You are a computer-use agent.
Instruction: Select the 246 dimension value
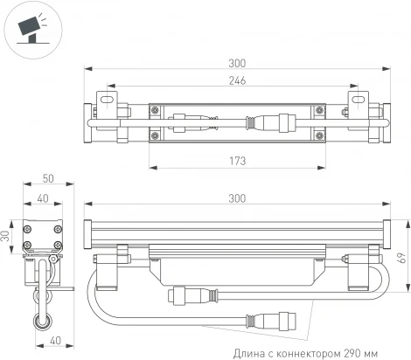tap(235, 80)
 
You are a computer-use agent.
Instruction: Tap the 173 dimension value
tap(235, 161)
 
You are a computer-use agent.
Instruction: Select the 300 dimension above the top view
tap(235, 63)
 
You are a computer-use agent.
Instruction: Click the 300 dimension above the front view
tap(235, 199)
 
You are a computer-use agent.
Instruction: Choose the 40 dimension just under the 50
tap(44, 198)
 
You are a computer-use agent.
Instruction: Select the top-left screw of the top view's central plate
tap(155, 109)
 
